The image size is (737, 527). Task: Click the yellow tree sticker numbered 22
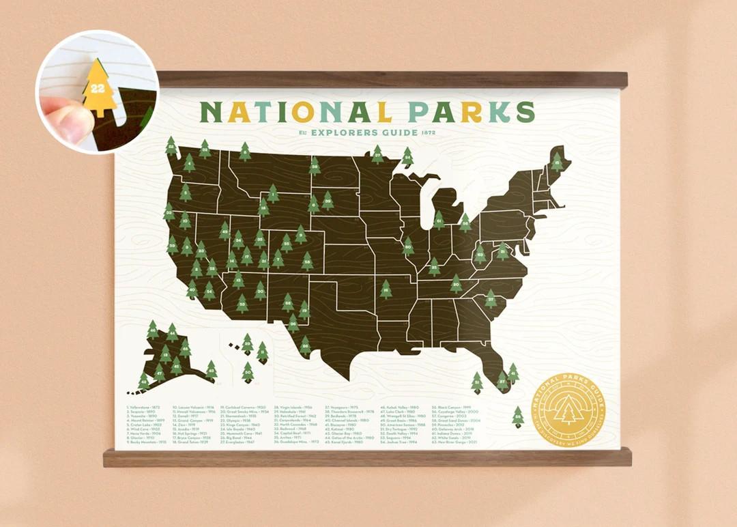[x=99, y=89]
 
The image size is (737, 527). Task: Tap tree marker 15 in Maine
[x=558, y=161]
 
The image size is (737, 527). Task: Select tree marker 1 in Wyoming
[x=273, y=194]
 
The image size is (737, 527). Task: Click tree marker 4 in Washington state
[x=189, y=162]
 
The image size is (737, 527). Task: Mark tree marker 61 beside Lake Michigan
[x=439, y=220]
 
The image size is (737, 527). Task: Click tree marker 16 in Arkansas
[x=386, y=289]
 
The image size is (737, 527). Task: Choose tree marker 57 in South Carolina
[x=491, y=298]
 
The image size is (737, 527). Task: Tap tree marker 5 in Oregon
[x=185, y=193]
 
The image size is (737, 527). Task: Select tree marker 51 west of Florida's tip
[x=477, y=382]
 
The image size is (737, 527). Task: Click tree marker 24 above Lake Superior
[x=407, y=157]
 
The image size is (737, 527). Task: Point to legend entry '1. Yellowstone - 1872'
[x=145, y=408]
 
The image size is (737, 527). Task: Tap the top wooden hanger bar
[x=392, y=79]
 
